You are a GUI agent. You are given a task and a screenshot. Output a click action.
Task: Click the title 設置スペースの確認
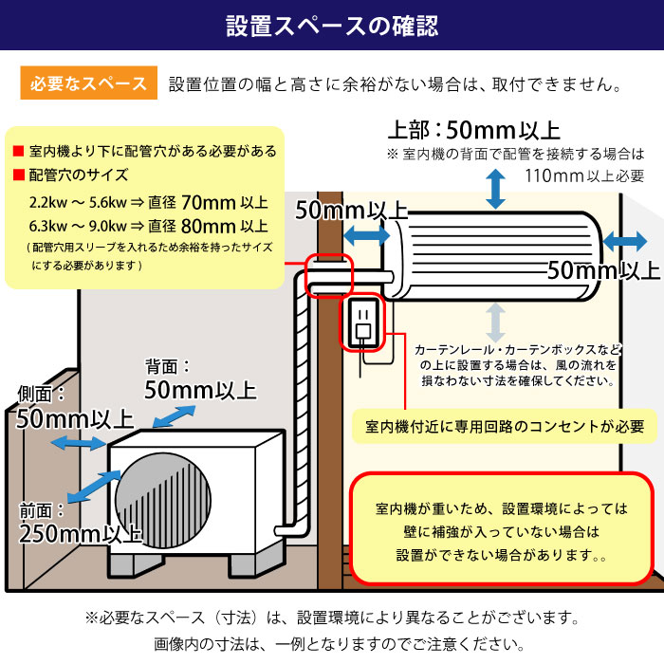coord(332,26)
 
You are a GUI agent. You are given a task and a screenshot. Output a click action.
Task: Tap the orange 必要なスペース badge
coord(86,83)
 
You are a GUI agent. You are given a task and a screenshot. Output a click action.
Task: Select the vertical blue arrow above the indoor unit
coord(494,190)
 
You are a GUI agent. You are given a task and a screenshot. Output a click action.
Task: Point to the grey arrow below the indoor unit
coord(494,323)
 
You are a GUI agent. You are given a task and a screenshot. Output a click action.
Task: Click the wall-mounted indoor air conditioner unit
coord(498,253)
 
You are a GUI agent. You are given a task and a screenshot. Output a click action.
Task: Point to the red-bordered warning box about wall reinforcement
coord(502,530)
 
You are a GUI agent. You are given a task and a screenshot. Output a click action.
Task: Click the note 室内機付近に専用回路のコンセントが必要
coord(504,426)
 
